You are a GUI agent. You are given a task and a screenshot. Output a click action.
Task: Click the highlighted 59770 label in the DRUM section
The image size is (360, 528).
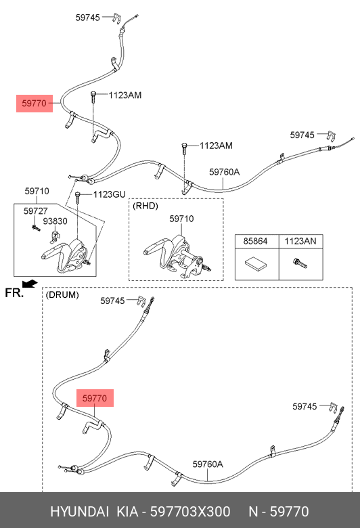95,398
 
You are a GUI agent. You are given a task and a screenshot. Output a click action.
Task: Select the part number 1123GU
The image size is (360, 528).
109,195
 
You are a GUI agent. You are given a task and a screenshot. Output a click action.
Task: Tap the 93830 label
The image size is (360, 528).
55,221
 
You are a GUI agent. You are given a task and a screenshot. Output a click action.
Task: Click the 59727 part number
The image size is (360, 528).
35,211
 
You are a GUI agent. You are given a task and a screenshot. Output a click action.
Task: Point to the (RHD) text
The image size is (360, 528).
145,206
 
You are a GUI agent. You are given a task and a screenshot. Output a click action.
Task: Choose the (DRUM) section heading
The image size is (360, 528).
62,295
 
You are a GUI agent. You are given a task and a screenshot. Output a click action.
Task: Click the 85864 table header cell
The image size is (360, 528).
256,241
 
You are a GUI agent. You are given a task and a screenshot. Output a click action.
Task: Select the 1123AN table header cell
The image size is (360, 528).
300,241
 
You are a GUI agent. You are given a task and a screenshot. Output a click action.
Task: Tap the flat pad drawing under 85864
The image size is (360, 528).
256,263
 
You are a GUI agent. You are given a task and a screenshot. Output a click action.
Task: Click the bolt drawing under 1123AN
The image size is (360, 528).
300,263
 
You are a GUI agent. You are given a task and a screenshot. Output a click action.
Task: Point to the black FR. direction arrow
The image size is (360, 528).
30,284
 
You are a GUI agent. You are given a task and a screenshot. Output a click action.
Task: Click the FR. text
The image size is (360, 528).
14,293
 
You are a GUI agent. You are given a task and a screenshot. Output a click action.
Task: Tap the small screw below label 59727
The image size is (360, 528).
36,228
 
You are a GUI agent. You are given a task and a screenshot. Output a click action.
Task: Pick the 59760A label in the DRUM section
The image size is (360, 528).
208,464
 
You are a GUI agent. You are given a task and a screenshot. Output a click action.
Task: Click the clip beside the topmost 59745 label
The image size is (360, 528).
116,18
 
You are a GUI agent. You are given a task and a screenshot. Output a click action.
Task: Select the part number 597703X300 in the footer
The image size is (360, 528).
190,512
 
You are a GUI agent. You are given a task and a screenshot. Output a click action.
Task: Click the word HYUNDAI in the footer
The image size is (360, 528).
79,512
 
